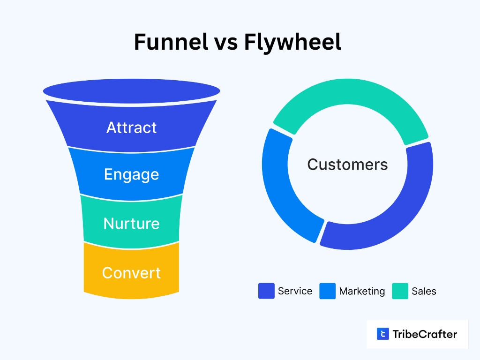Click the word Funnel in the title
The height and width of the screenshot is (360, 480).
(x=171, y=42)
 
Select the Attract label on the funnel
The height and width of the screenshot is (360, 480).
(x=131, y=127)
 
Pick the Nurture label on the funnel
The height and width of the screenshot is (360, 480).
(x=131, y=224)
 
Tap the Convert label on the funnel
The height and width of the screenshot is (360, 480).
(x=131, y=273)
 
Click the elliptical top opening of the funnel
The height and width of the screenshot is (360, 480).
(x=131, y=91)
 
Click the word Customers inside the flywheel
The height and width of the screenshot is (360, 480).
(x=347, y=165)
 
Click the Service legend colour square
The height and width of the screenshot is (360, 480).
(x=266, y=291)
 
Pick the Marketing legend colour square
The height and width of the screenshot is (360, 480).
(x=328, y=291)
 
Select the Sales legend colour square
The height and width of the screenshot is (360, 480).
(x=400, y=291)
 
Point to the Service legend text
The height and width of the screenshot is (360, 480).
(x=295, y=291)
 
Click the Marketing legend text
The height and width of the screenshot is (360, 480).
(x=362, y=292)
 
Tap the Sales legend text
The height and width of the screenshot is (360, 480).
(x=424, y=291)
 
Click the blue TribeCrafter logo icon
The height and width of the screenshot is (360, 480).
(x=383, y=334)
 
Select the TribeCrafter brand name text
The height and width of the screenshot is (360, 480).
(x=425, y=334)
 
